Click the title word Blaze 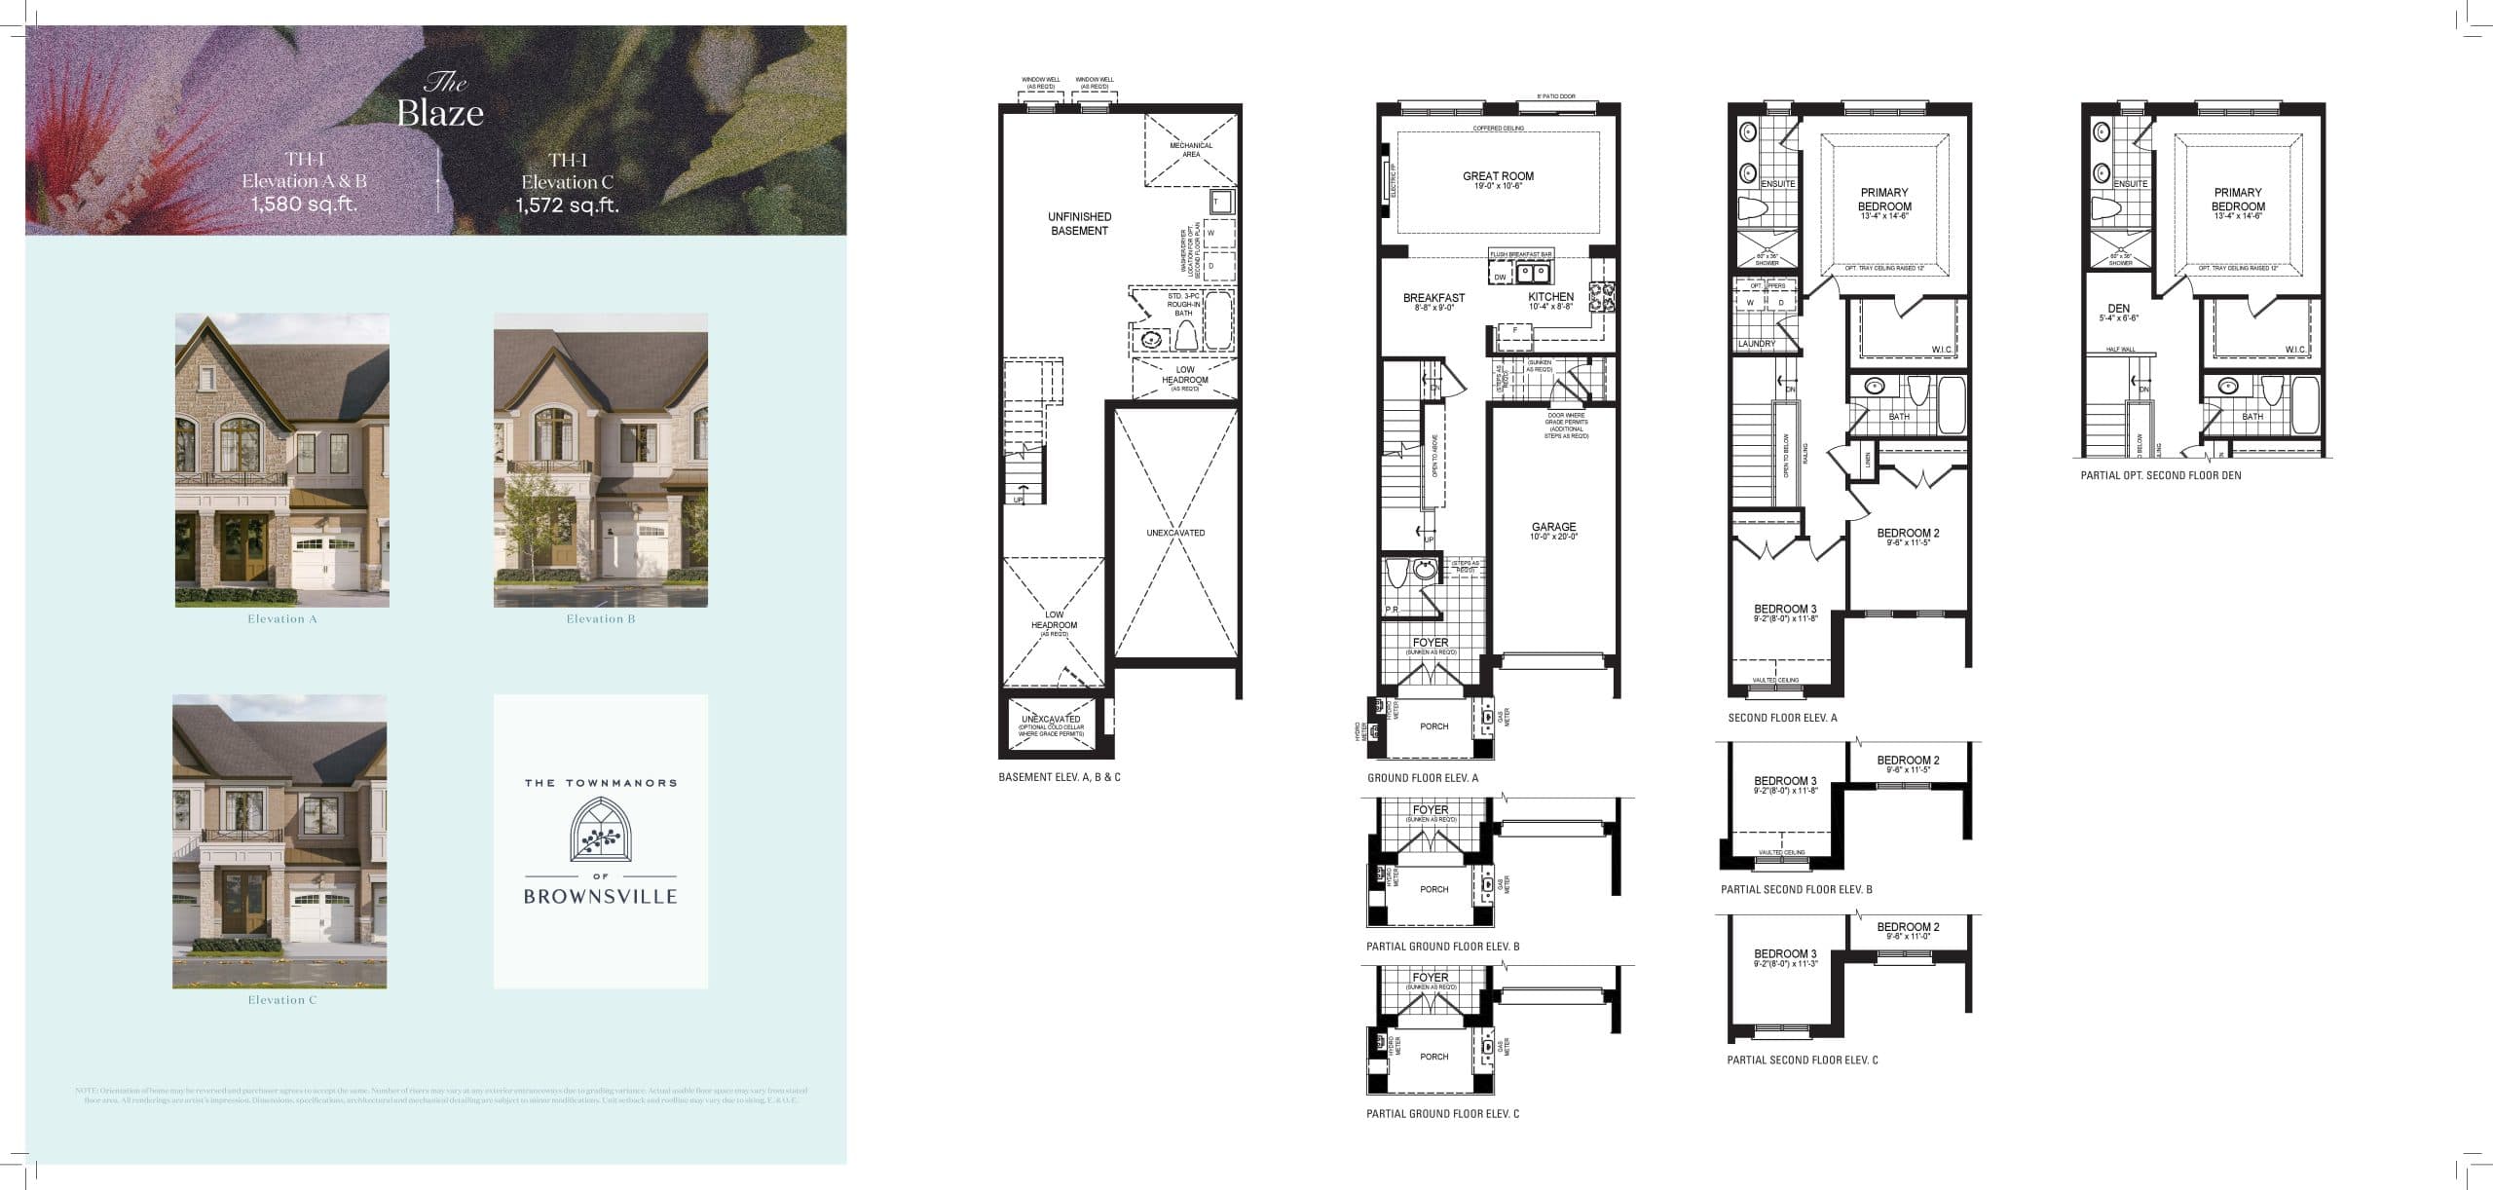click(x=440, y=113)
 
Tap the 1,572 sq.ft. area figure click(x=568, y=205)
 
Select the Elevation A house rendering click(x=282, y=460)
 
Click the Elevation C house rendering click(x=279, y=840)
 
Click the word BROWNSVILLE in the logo click(x=600, y=897)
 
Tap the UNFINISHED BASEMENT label click(x=1079, y=224)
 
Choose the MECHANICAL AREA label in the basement click(x=1191, y=150)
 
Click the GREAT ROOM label click(x=1498, y=176)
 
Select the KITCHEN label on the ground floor click(x=1550, y=297)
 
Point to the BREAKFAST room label click(x=1433, y=298)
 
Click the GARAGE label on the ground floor click(x=1553, y=527)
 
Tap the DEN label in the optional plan click(x=2118, y=309)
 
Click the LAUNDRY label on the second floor click(x=1757, y=344)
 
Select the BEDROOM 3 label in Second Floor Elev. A click(x=1785, y=610)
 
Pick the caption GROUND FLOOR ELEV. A click(x=1423, y=778)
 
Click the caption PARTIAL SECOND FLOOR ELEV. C click(x=1802, y=1060)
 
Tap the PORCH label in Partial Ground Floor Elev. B click(x=1433, y=889)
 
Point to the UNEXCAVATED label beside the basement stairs click(x=1175, y=533)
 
